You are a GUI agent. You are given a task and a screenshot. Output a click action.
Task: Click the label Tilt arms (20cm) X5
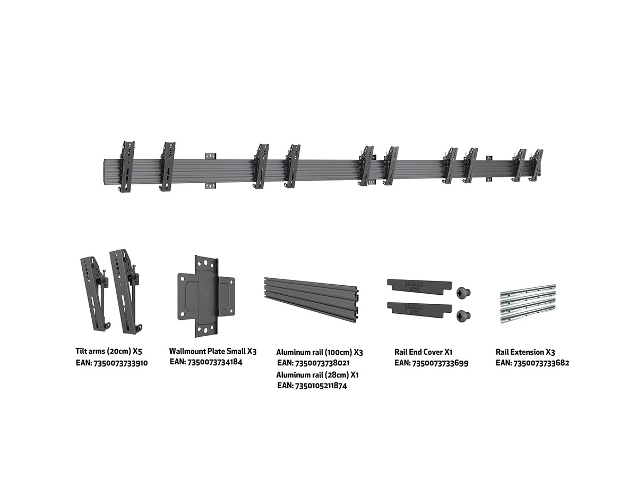109,351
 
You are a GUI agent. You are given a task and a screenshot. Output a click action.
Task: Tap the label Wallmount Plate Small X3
213,351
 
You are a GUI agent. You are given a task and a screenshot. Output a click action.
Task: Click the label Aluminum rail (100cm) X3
320,352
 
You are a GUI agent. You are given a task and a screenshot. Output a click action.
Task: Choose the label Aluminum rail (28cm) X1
317,375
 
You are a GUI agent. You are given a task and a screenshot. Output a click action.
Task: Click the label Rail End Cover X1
424,352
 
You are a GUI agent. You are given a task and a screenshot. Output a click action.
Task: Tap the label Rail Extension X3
525,352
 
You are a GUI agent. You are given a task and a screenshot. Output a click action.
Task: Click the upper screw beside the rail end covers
463,292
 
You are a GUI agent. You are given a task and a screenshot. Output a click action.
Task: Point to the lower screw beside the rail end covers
463,316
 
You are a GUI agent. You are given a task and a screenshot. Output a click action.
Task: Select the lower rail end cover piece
420,308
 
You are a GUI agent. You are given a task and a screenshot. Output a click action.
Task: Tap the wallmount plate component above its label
206,296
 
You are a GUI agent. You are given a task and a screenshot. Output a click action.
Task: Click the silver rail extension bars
528,304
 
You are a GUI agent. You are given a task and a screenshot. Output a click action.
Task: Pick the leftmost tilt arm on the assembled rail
127,166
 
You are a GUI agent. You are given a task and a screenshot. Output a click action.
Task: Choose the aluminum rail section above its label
312,299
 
